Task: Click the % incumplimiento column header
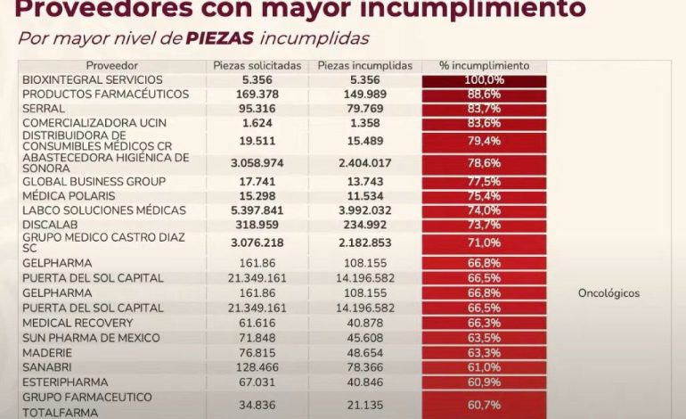[x=484, y=66]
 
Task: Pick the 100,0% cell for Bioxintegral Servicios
[x=484, y=79]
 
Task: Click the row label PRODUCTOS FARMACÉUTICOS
[x=105, y=94]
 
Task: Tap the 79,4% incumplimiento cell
[x=484, y=141]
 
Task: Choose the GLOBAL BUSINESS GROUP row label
[x=94, y=182]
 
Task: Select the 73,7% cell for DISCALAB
[x=484, y=225]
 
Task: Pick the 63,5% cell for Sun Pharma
[x=484, y=338]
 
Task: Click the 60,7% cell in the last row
[x=484, y=405]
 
